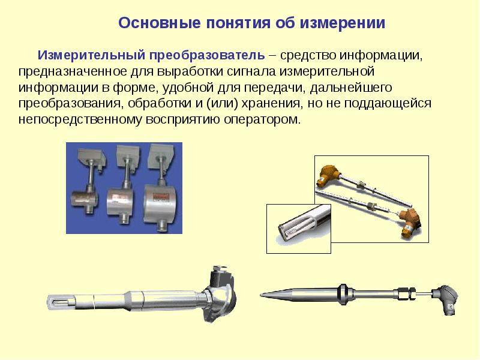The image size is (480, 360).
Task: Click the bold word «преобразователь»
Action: click(x=207, y=55)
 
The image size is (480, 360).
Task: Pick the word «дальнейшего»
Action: click(x=351, y=88)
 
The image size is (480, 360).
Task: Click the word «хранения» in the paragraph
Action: click(x=271, y=103)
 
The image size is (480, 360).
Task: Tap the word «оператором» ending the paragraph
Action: click(x=263, y=119)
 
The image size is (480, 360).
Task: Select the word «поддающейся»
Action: click(x=388, y=104)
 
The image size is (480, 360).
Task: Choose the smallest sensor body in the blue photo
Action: click(x=83, y=201)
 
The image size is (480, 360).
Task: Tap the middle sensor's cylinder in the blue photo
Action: click(x=121, y=201)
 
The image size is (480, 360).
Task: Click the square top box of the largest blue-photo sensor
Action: click(x=161, y=155)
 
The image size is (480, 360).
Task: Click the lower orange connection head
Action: click(x=411, y=221)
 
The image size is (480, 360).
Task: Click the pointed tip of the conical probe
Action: click(x=261, y=295)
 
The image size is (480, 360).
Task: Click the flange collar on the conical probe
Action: click(x=342, y=294)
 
